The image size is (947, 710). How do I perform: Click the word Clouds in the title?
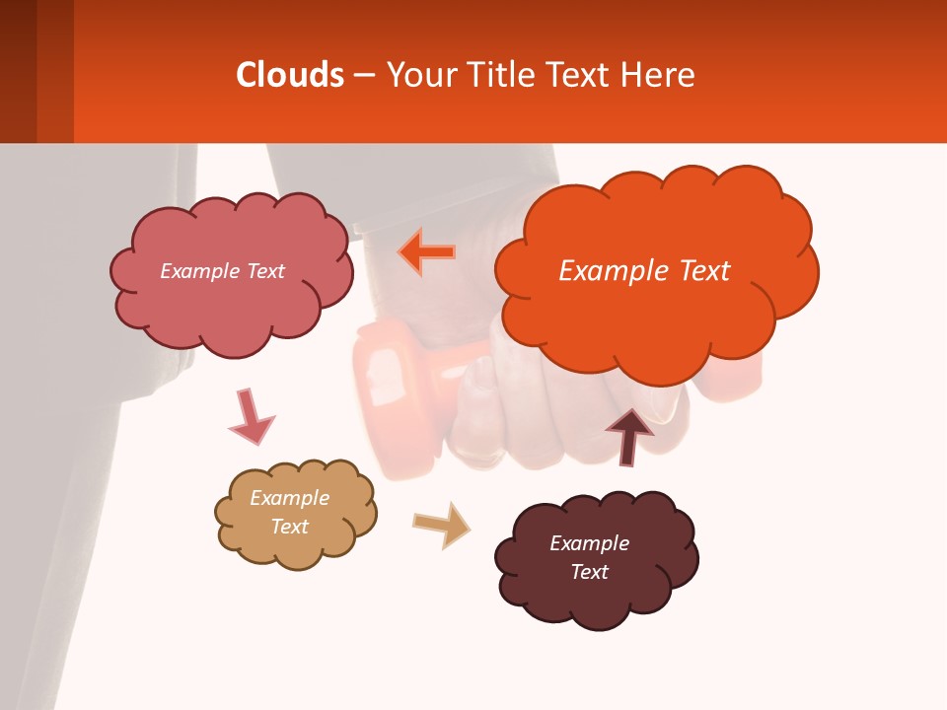[289, 75]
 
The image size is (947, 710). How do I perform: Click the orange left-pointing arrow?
[427, 251]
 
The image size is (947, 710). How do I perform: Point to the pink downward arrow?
[250, 416]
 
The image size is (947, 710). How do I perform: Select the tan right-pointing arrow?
[442, 524]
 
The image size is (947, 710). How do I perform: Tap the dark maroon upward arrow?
[628, 435]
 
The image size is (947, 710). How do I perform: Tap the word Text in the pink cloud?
[264, 271]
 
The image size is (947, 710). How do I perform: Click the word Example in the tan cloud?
[289, 498]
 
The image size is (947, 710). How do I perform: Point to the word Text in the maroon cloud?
[589, 572]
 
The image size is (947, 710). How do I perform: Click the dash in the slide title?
[364, 75]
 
